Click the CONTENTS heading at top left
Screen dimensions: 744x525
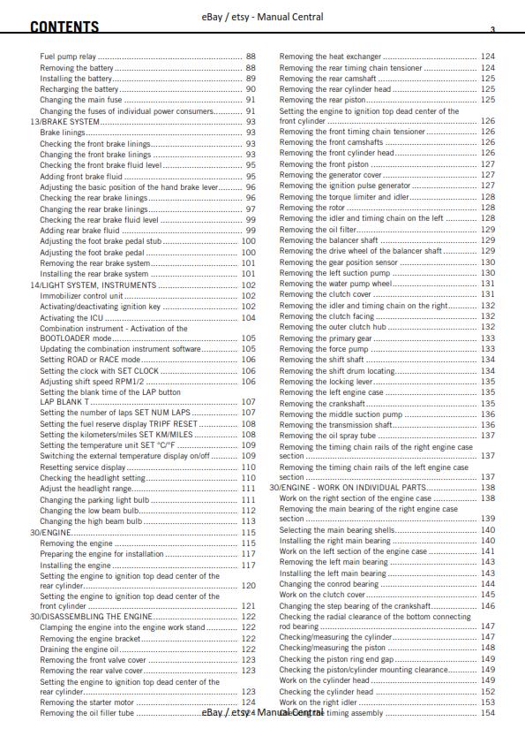click(x=64, y=27)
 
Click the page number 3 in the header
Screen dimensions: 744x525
click(x=492, y=30)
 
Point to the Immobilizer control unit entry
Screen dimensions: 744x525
click(x=81, y=296)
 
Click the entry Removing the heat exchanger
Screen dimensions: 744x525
click(x=330, y=57)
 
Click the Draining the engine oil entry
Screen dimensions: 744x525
click(x=79, y=649)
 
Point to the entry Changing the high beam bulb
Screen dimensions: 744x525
click(x=91, y=521)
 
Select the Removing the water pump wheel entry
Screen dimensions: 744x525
click(x=334, y=285)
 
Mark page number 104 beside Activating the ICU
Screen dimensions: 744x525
click(x=249, y=318)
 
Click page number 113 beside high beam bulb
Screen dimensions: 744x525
click(x=249, y=521)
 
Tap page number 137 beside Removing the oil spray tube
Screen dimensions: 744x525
click(x=488, y=436)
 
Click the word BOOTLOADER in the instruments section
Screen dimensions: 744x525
click(x=66, y=338)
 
